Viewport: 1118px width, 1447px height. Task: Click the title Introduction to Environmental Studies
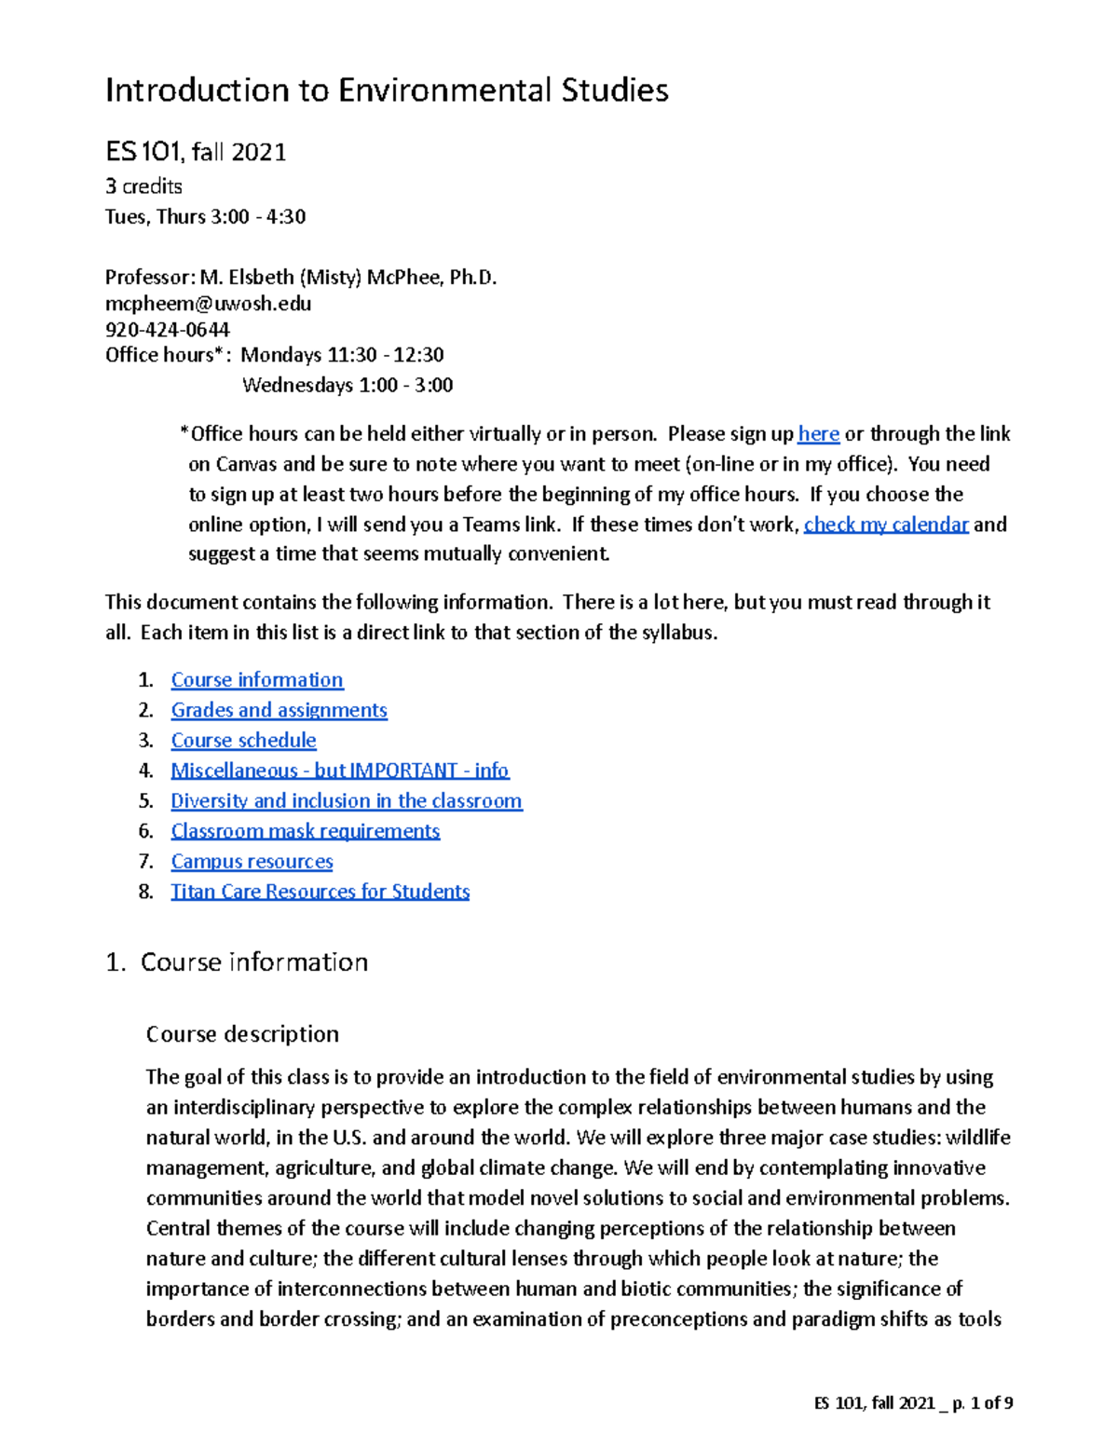[x=387, y=90]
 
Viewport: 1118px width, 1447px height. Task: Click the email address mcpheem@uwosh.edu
[x=208, y=304]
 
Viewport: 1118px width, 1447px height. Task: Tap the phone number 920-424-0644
[x=167, y=329]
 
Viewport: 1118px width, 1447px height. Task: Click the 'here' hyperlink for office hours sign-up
[x=818, y=434]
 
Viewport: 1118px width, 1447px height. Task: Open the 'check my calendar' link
[x=885, y=525]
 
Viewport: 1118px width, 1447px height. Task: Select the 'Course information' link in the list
[x=256, y=680]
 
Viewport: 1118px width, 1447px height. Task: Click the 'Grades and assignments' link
[x=279, y=710]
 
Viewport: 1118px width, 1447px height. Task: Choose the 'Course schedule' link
[x=243, y=741]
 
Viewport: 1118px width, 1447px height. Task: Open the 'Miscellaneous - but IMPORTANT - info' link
[x=339, y=771]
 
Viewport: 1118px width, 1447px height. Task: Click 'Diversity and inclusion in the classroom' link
[x=346, y=801]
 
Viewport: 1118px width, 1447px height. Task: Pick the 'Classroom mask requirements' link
[x=305, y=831]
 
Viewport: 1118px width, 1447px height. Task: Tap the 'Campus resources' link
[x=252, y=862]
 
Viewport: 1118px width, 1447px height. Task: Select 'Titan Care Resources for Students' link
[x=320, y=892]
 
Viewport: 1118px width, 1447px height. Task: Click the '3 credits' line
[x=143, y=186]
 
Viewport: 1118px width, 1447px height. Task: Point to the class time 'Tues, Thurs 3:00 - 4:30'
[x=205, y=217]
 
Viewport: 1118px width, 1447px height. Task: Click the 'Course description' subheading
[x=242, y=1034]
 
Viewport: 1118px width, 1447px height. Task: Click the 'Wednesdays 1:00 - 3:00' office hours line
[x=347, y=385]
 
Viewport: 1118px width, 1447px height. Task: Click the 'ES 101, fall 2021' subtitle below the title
[x=196, y=152]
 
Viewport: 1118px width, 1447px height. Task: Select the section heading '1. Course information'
[x=238, y=962]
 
